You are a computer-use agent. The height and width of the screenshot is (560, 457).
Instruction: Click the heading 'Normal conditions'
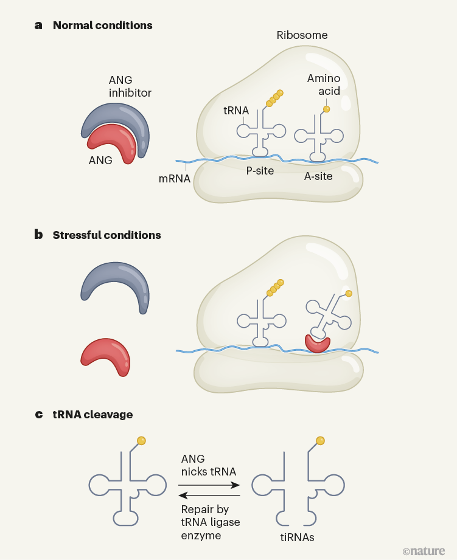coord(102,26)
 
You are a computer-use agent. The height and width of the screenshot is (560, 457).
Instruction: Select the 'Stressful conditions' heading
coord(106,235)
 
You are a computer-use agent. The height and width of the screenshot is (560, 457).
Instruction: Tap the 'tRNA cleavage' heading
coord(92,415)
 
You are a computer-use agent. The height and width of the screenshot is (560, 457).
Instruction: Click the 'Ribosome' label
coord(302,35)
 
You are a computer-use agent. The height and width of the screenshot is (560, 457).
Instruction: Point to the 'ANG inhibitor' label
coord(130,87)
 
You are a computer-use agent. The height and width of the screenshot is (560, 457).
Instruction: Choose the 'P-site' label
coord(260,171)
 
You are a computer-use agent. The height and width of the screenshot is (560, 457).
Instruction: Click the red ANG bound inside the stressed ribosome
coord(317,344)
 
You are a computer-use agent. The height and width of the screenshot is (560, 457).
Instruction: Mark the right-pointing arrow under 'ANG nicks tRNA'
coord(209,485)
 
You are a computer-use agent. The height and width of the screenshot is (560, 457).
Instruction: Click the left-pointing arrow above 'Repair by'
coord(209,496)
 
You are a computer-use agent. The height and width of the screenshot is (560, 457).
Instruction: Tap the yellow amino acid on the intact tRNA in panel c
coord(141,440)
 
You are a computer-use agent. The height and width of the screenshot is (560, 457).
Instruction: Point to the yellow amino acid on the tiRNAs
coord(320,440)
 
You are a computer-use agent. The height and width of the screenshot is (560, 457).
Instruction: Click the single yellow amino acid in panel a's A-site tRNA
coord(326,109)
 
